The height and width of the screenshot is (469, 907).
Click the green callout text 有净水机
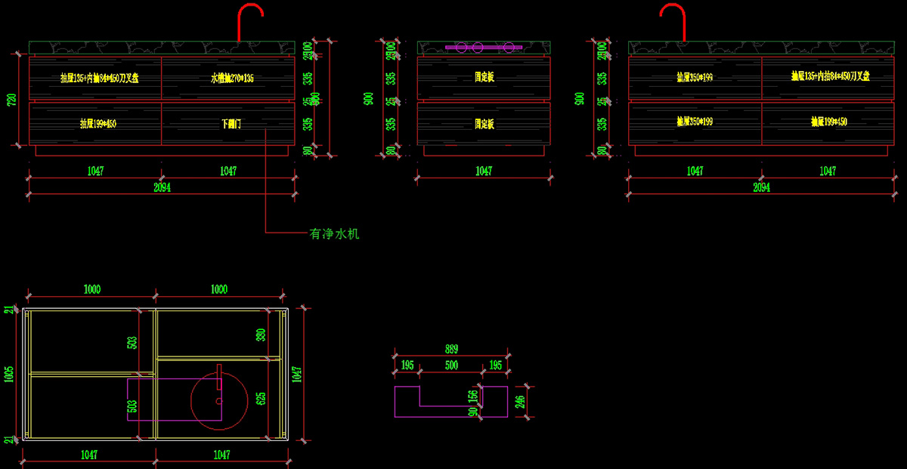333,234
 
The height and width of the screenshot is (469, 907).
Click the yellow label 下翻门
231,124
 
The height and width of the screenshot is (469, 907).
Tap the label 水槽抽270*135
232,77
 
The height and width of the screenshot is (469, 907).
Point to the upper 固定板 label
484,77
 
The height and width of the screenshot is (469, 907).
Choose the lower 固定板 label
484,124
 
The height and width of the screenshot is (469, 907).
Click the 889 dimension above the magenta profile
451,350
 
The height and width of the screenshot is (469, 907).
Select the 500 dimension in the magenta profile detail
451,366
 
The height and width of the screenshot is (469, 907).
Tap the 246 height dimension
520,401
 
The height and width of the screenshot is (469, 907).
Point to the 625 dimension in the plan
262,398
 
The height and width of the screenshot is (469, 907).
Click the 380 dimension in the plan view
262,335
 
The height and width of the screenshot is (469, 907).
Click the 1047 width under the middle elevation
484,171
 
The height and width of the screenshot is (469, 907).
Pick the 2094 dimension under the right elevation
761,188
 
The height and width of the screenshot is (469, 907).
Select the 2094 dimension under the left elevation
161,188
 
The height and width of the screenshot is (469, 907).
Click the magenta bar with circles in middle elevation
483,48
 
